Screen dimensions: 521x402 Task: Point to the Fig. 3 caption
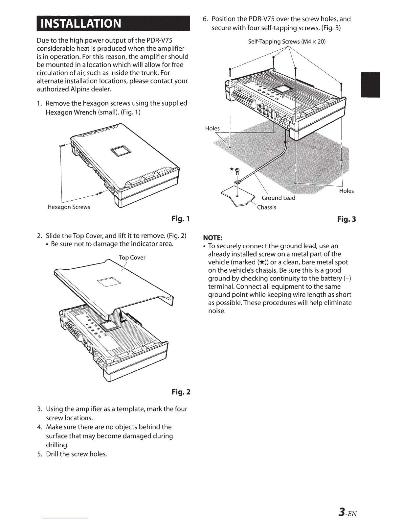pos(346,219)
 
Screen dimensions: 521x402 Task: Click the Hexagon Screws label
pos(69,207)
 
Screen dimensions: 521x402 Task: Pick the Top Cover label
pos(132,258)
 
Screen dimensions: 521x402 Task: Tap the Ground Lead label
pos(278,198)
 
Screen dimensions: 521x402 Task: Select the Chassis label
pos(266,207)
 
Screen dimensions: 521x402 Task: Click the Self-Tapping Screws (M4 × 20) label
pos(287,42)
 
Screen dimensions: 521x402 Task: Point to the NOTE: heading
pos(213,237)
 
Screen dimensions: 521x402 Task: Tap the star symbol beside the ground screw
pos(232,169)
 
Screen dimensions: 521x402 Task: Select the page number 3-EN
pos(347,512)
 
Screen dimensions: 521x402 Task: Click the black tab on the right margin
pos(370,85)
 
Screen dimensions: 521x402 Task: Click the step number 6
pos(205,19)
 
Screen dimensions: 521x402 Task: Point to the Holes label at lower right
pos(346,191)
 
